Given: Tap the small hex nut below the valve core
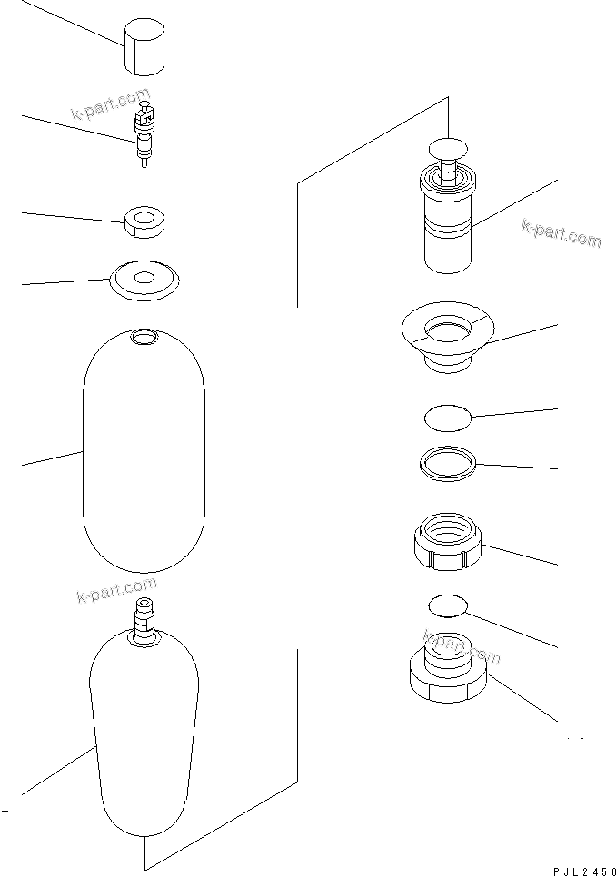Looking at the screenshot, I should (x=144, y=221).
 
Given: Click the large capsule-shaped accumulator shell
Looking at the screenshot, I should (x=144, y=454).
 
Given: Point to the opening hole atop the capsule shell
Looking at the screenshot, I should (x=144, y=338).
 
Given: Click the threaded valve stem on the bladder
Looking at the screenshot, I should (x=144, y=619).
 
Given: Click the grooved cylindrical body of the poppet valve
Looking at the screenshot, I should (x=449, y=227).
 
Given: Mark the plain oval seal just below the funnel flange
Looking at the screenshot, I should (x=448, y=418).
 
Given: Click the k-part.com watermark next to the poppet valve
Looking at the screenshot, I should (x=561, y=234).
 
